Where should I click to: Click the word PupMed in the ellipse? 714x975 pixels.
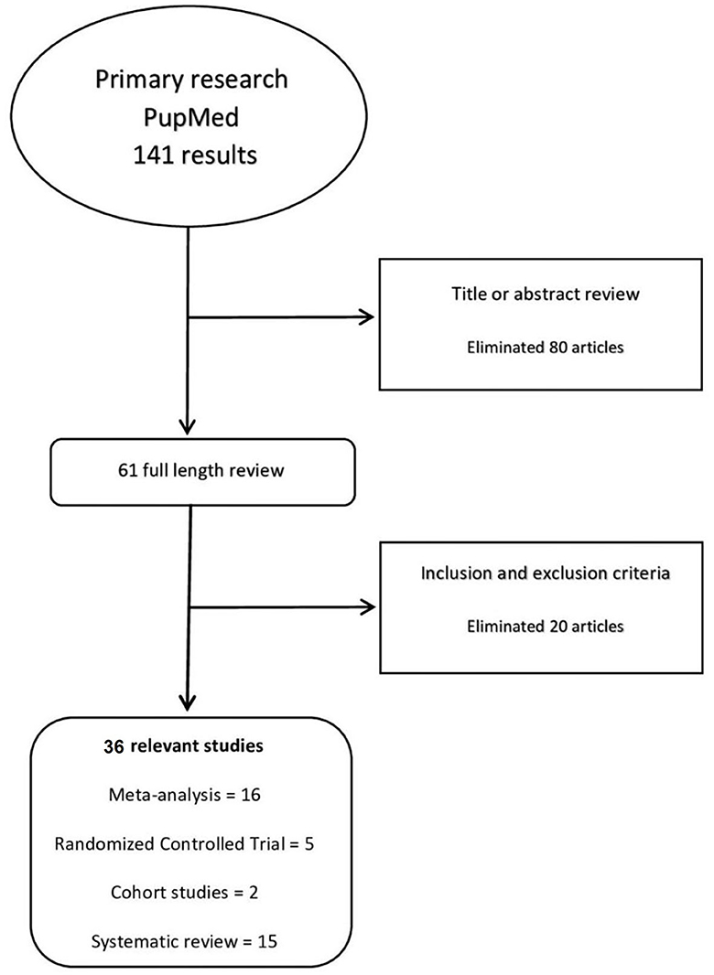click(x=190, y=116)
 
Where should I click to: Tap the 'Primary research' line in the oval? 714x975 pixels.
click(x=190, y=80)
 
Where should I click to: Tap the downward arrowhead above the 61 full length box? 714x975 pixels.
click(x=187, y=425)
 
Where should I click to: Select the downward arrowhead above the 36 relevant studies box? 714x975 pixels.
click(x=187, y=702)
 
